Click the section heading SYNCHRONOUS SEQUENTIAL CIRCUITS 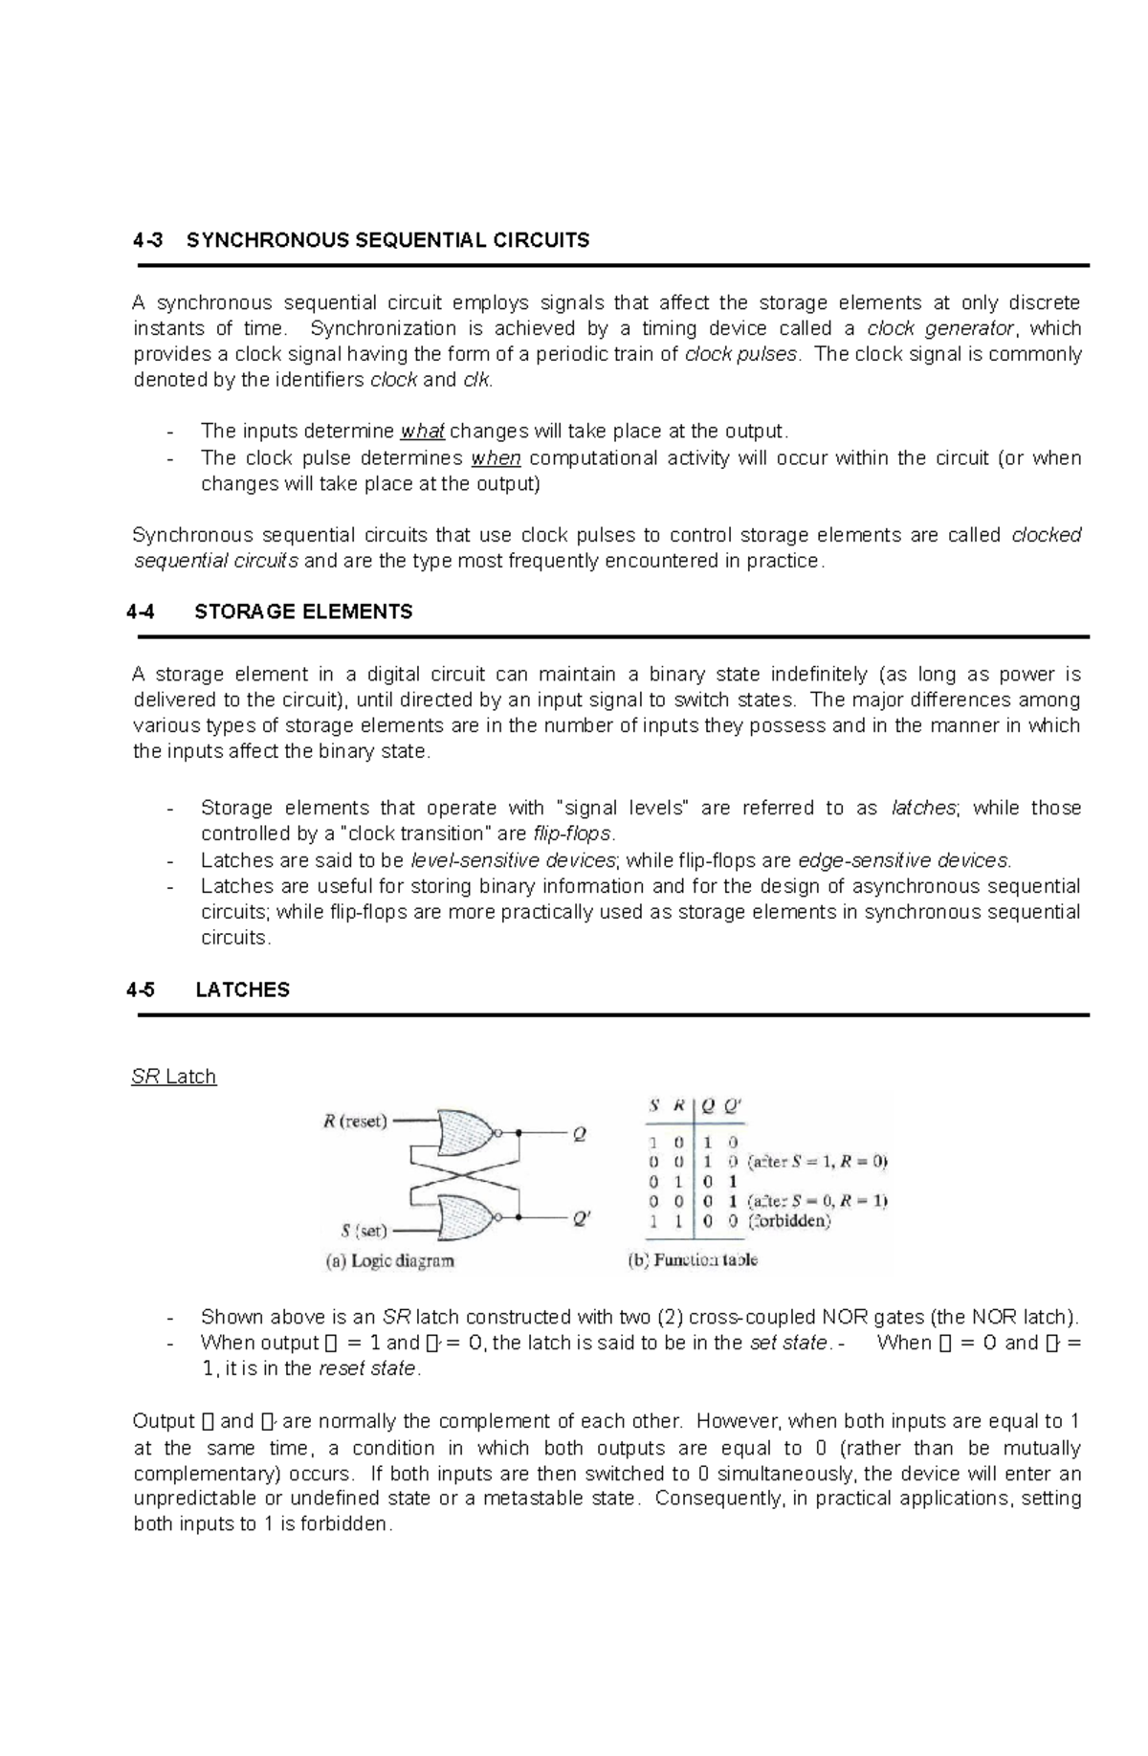tap(387, 240)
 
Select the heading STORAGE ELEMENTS tap(303, 611)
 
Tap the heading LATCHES tap(242, 989)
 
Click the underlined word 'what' tap(422, 432)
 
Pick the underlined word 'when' tap(496, 458)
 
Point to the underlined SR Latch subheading tap(173, 1077)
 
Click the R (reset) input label tap(355, 1122)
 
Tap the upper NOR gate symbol tap(466, 1134)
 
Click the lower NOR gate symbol tap(466, 1217)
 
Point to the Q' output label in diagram tap(582, 1219)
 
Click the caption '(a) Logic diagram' tap(389, 1261)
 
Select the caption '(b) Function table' tap(692, 1260)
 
